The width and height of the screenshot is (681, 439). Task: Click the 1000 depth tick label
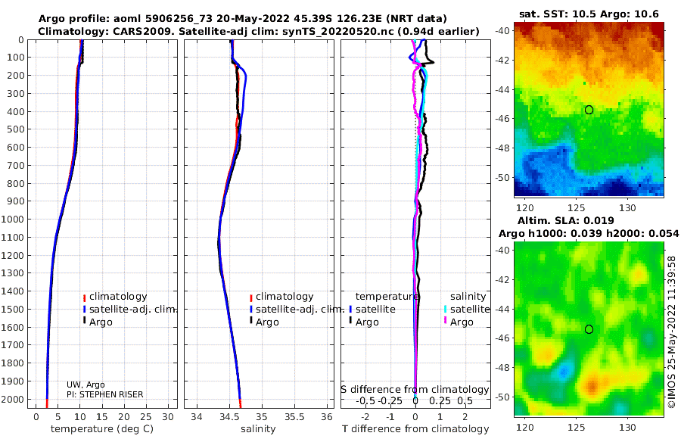pos(13,219)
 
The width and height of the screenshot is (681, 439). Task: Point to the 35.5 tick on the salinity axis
pos(294,417)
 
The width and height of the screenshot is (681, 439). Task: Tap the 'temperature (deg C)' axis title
pos(102,429)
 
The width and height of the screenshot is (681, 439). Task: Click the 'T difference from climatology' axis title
pos(415,429)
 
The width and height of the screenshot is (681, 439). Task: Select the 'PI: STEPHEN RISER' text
pos(104,394)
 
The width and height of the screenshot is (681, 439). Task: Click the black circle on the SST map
pos(589,110)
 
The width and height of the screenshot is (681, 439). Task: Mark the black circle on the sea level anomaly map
pos(589,329)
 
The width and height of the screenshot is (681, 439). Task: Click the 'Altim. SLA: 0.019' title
pos(566,220)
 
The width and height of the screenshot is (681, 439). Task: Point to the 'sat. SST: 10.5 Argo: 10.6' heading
pos(589,14)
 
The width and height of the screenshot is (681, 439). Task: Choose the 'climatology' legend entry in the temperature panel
pos(118,297)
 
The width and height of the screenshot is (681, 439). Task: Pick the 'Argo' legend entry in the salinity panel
pos(267,322)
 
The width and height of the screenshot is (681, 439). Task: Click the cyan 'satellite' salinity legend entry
pos(470,309)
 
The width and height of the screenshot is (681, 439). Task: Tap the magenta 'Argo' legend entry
pos(462,322)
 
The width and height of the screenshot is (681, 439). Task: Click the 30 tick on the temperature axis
pos(168,417)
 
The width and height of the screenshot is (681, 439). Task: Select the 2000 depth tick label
pos(13,399)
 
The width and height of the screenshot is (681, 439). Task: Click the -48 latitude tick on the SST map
pos(502,148)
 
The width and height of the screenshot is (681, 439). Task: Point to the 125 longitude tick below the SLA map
pos(577,427)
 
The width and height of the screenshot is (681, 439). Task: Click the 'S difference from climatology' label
pos(415,390)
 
